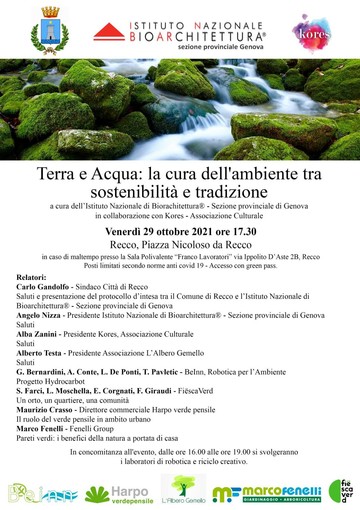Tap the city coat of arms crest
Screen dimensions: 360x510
point(47,28)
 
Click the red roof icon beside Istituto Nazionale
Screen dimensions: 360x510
point(108,32)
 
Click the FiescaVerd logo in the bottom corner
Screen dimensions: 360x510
point(340,491)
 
